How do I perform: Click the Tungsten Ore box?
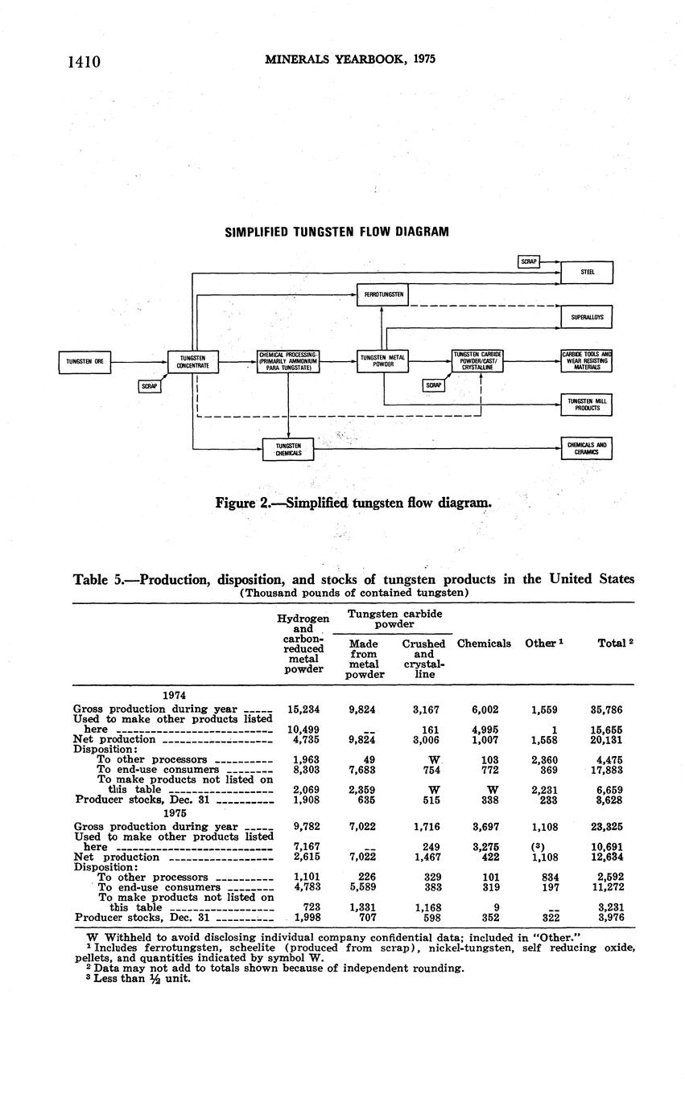tap(85, 362)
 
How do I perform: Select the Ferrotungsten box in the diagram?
tap(382, 295)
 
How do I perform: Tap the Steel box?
tap(587, 273)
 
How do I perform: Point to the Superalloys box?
tap(587, 318)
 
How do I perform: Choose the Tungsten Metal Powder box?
tap(382, 361)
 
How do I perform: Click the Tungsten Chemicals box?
tap(288, 450)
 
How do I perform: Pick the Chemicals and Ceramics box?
tap(587, 448)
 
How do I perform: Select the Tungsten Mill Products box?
tap(587, 405)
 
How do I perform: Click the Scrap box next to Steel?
tap(528, 261)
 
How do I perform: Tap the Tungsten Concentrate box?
tap(193, 362)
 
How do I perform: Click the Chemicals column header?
tap(483, 643)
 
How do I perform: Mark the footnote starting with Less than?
tap(141, 979)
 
